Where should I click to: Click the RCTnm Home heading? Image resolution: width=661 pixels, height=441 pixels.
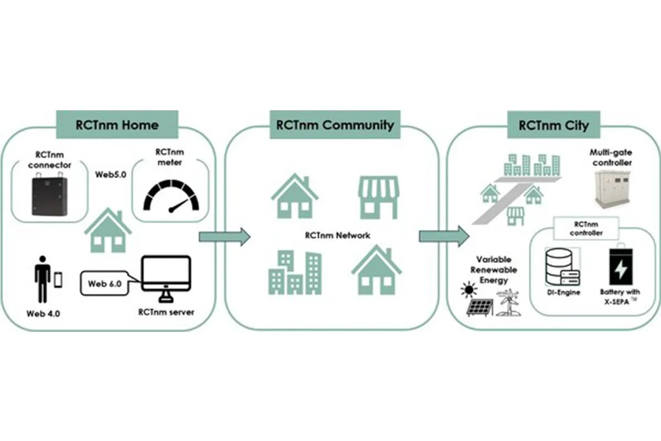117,125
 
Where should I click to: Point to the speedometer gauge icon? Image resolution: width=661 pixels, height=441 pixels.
170,196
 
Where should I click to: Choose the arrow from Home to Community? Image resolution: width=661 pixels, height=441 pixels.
223,236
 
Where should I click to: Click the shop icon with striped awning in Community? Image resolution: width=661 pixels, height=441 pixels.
378,197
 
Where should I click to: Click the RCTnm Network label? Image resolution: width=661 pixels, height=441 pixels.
337,235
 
